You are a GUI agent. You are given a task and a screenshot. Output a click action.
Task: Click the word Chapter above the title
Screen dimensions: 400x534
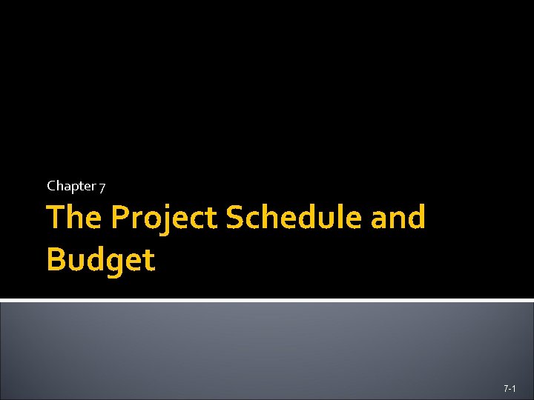pos(71,186)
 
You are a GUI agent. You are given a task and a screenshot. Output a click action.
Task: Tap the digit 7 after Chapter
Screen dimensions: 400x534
pos(102,187)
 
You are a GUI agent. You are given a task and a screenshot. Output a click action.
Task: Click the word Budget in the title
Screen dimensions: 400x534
pos(101,260)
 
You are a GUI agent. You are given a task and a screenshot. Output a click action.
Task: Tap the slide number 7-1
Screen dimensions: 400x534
pos(510,388)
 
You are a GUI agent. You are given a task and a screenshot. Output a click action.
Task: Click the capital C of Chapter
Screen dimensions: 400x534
pos(51,186)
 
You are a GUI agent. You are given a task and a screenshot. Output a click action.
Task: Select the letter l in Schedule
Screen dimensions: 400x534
pos(338,217)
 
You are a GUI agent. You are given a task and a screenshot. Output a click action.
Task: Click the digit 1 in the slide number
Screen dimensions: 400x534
pos(514,388)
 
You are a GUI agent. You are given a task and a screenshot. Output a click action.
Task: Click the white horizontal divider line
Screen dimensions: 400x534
pos(267,300)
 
